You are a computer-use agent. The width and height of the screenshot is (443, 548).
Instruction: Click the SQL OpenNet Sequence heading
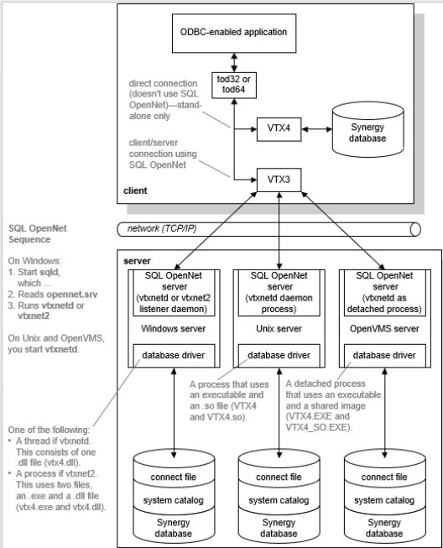point(35,232)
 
